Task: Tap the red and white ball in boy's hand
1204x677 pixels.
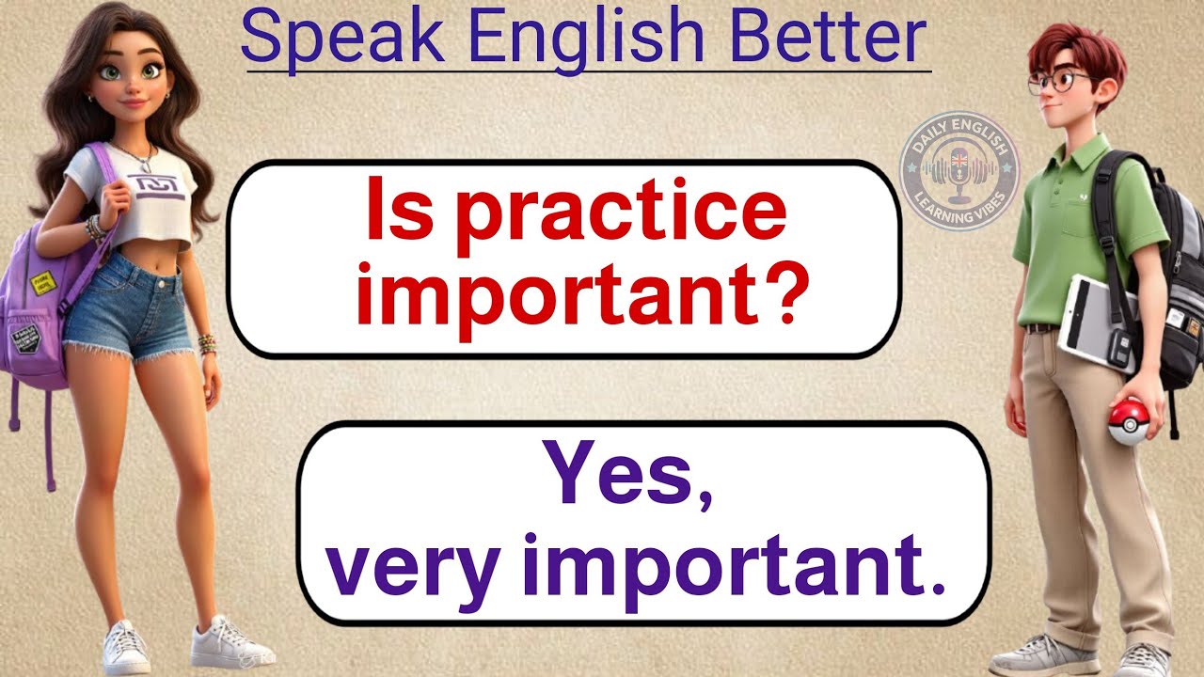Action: coord(1128,420)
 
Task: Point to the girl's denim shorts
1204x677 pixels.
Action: coord(130,306)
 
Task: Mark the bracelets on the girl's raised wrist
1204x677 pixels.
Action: coord(95,227)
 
